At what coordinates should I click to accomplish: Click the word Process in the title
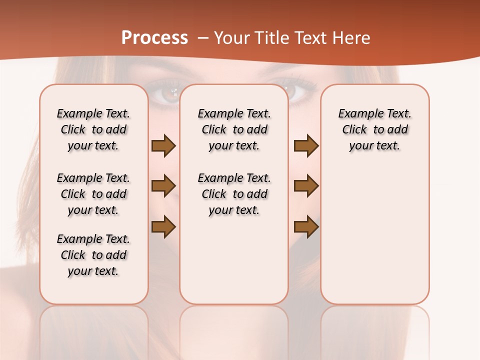tap(154, 38)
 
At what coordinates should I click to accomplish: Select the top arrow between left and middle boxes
tap(163, 146)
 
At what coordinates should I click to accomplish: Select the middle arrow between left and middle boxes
tap(163, 186)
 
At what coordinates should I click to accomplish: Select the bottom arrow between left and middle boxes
tap(163, 227)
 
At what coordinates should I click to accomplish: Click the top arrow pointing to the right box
tap(306, 146)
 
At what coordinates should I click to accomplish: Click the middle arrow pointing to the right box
tap(306, 186)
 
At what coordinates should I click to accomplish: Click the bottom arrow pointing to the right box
tap(306, 227)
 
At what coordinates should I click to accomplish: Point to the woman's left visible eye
tap(170, 93)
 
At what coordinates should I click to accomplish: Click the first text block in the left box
tap(93, 129)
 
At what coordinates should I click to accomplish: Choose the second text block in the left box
tap(93, 194)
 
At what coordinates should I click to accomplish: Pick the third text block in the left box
tap(93, 255)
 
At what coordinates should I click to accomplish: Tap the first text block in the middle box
tap(234, 129)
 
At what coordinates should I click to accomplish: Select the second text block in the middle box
tap(234, 194)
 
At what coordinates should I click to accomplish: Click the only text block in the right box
tap(374, 129)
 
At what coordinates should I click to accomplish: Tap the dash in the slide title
tap(203, 38)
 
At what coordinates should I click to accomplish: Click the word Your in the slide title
tap(231, 38)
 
